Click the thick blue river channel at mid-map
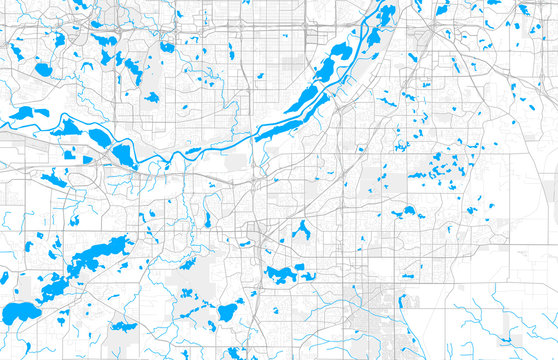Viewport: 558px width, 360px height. pyautogui.click(x=220, y=146)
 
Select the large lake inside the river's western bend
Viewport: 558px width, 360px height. pyautogui.click(x=124, y=155)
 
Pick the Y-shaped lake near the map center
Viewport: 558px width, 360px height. pyautogui.click(x=301, y=229)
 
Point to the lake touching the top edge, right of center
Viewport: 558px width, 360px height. pyautogui.click(x=386, y=12)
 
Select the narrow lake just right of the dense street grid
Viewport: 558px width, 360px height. pyautogui.click(x=402, y=300)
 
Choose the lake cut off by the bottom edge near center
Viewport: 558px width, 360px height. pyautogui.click(x=236, y=352)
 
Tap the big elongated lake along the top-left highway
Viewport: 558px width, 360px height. pyautogui.click(x=104, y=42)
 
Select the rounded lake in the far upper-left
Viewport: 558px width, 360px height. pyautogui.click(x=43, y=70)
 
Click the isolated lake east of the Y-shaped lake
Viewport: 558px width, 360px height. pyautogui.click(x=408, y=211)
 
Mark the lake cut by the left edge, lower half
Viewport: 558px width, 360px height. pyautogui.click(x=4, y=277)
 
